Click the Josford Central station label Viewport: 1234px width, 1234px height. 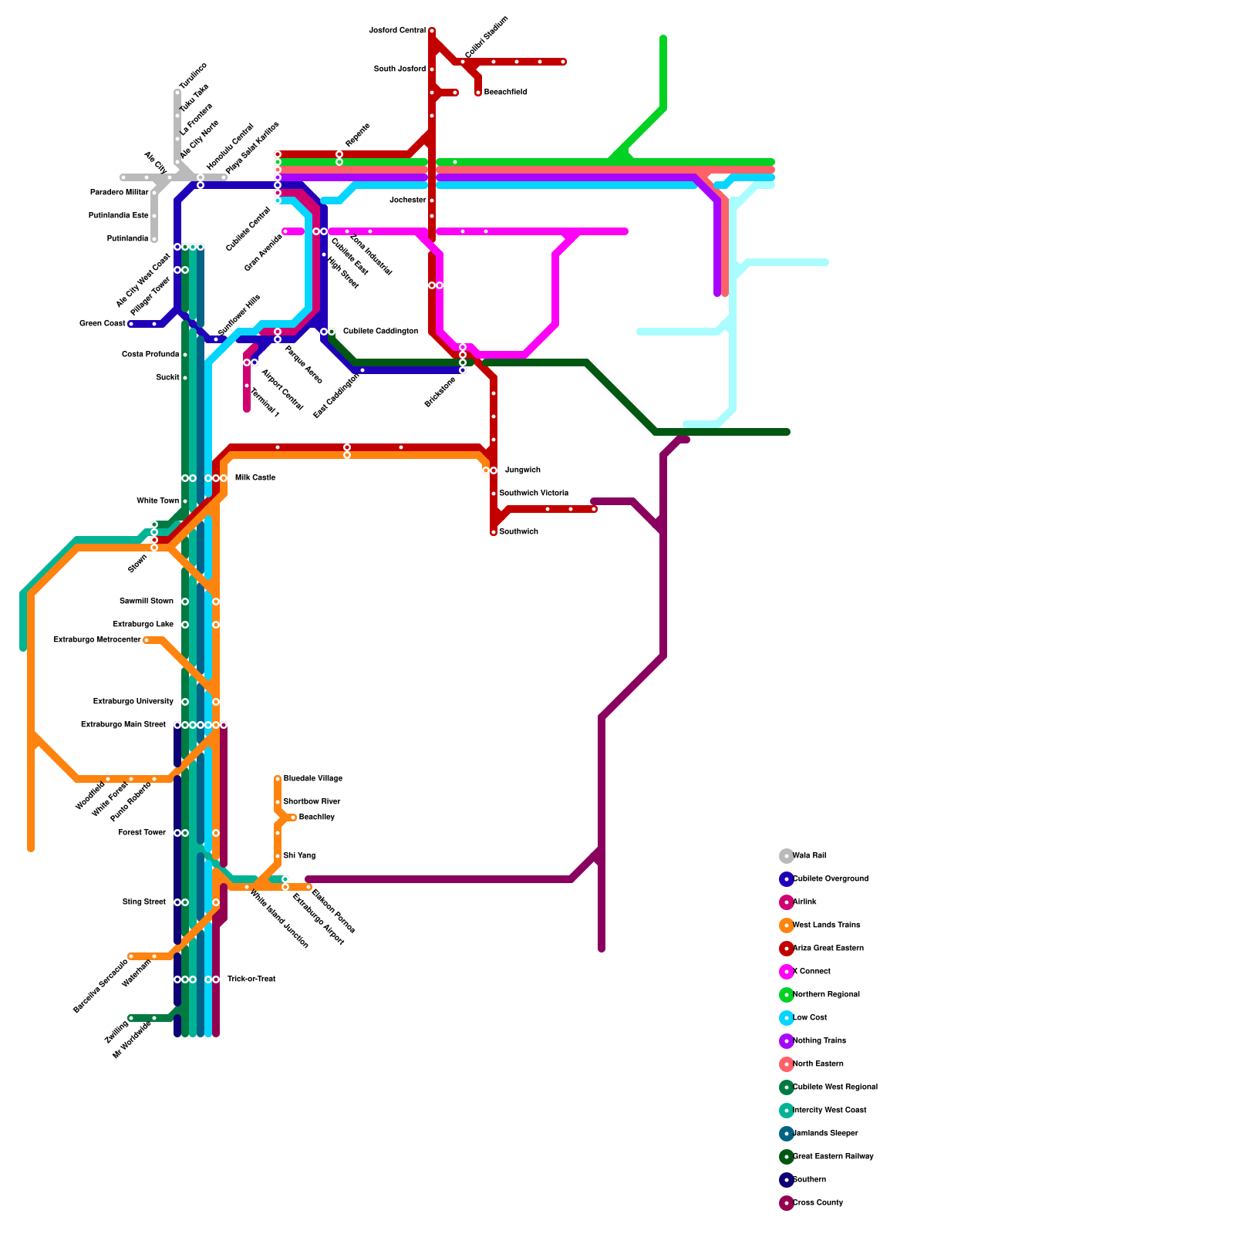(397, 31)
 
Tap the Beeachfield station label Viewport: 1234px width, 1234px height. (505, 93)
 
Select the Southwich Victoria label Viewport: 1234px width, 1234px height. (534, 494)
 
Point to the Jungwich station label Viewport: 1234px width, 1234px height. (523, 470)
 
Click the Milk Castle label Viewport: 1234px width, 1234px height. (255, 478)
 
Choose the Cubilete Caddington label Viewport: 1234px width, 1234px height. (381, 332)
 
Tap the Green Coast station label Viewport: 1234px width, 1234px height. (102, 324)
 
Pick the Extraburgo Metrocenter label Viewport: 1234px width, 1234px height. (97, 640)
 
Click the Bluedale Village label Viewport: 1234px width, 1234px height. (312, 779)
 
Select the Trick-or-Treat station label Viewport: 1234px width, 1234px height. (251, 979)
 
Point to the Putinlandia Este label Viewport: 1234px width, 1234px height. (118, 216)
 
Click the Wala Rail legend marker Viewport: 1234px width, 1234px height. (787, 856)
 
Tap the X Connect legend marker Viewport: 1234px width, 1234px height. (787, 972)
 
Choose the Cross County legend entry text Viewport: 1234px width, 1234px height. (818, 1203)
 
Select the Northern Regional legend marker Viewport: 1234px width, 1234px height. (787, 995)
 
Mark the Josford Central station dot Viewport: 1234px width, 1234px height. (432, 31)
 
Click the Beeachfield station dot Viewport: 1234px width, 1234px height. (478, 93)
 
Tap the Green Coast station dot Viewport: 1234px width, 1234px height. (131, 324)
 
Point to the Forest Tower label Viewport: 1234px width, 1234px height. (142, 833)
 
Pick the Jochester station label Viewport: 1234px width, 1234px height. (408, 201)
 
